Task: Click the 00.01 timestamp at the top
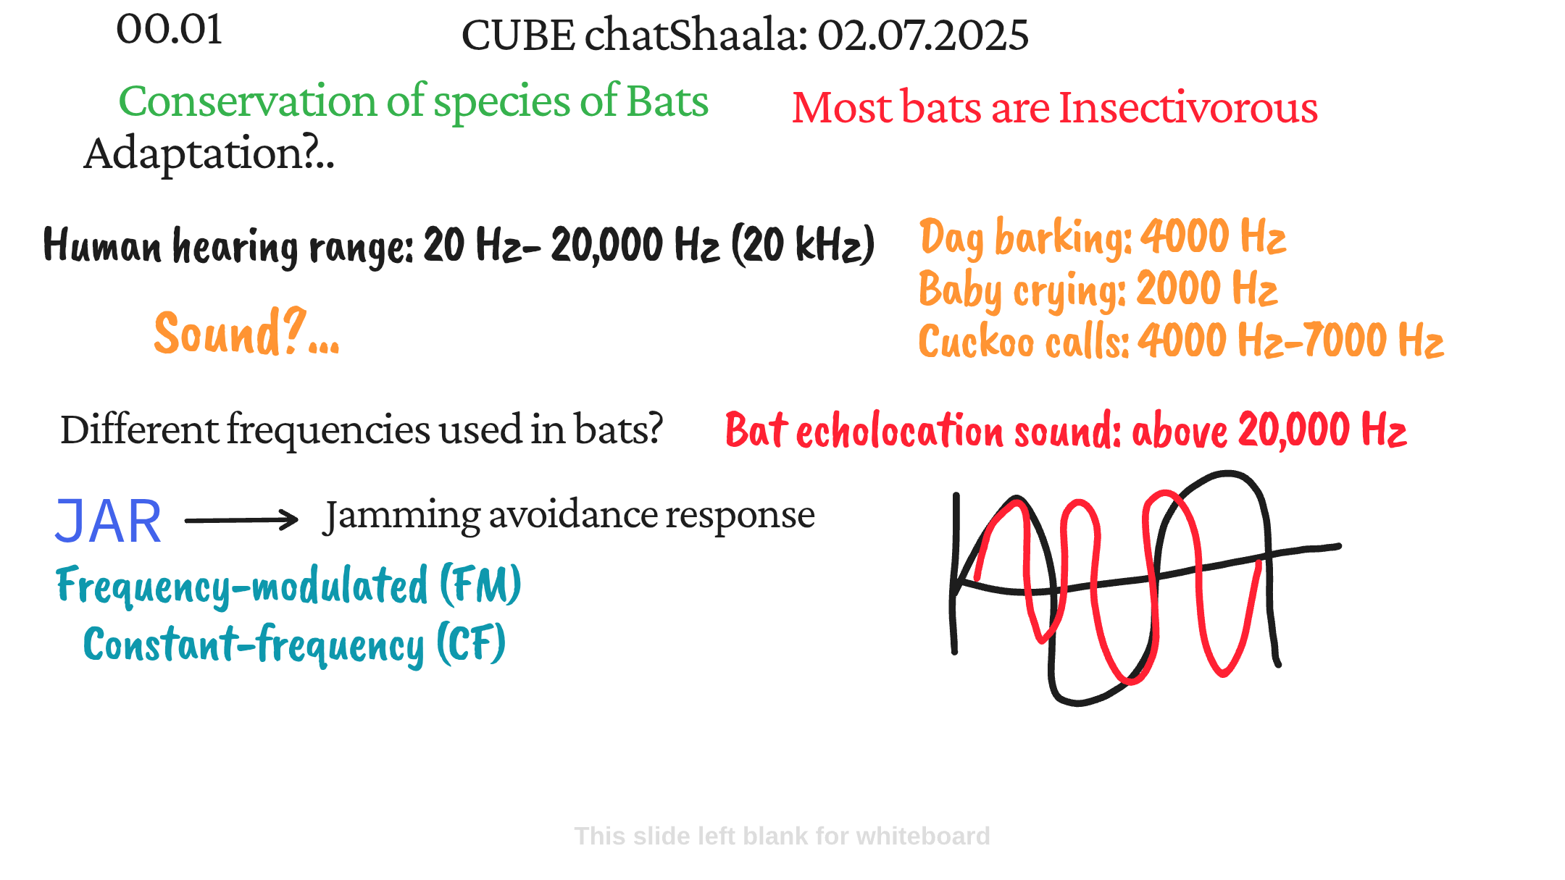coord(170,30)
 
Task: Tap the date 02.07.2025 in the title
coord(923,35)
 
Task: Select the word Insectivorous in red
coord(1188,108)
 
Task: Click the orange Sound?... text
coord(246,332)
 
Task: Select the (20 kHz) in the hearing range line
coord(803,245)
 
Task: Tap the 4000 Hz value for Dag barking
coord(1214,236)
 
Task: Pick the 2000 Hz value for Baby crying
coord(1207,288)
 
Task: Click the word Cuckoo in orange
coord(976,340)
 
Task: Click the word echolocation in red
coord(901,431)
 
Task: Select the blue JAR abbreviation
coord(108,521)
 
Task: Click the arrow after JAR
coord(241,520)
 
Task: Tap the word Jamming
coord(402,516)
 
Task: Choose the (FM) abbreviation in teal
coord(480,584)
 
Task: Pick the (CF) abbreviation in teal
coord(471,643)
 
